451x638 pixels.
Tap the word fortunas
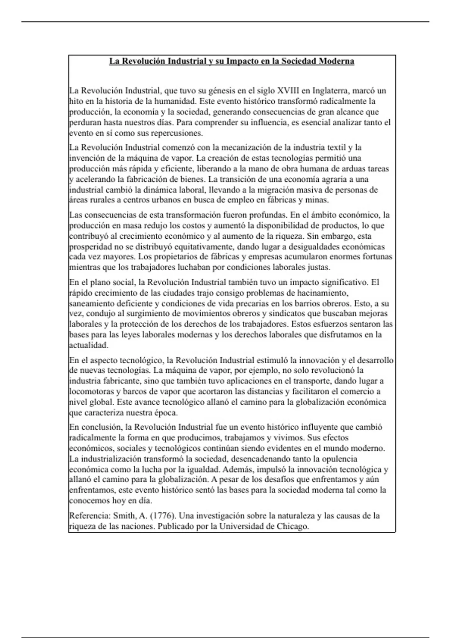[378, 257]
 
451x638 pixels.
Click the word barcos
[134, 392]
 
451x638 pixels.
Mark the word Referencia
[89, 516]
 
